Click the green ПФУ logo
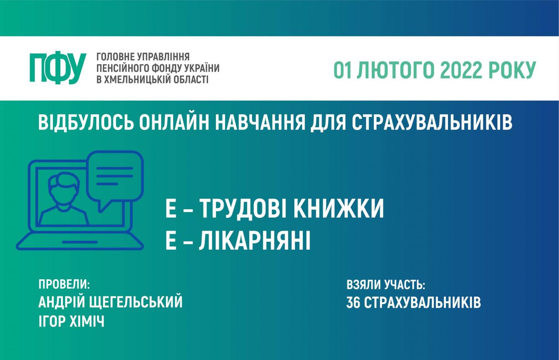pos(58,68)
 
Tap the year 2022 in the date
pos(461,70)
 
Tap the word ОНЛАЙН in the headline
pos(174,122)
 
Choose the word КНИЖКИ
pos(339,209)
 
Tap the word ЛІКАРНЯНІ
pos(255,240)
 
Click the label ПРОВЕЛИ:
pos(64,284)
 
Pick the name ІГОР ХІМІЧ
pos(71,321)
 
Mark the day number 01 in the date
pos(342,70)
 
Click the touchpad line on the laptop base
pos(80,242)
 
